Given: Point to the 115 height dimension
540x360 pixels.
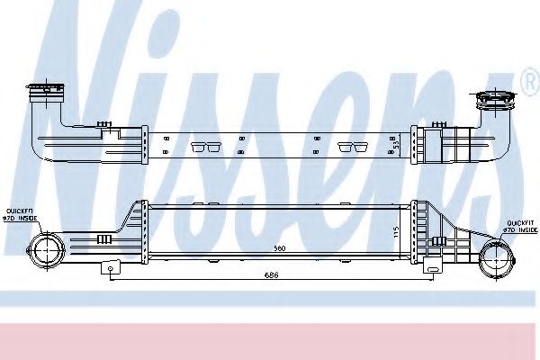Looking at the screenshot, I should (x=396, y=230).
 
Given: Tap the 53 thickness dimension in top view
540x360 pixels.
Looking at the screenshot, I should (x=394, y=142).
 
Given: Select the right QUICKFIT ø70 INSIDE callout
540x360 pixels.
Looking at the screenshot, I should (x=520, y=226).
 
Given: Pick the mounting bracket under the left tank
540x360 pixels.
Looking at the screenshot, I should (x=110, y=266).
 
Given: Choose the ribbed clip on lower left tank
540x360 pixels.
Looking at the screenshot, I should (x=103, y=238).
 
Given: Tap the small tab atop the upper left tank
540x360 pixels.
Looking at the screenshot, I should (x=105, y=122).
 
